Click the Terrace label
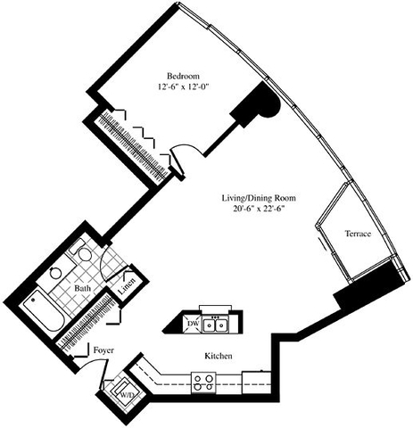pyautogui.click(x=358, y=235)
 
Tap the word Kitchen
pyautogui.click(x=219, y=357)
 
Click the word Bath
pyautogui.click(x=82, y=289)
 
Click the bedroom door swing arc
pyautogui.click(x=182, y=153)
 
